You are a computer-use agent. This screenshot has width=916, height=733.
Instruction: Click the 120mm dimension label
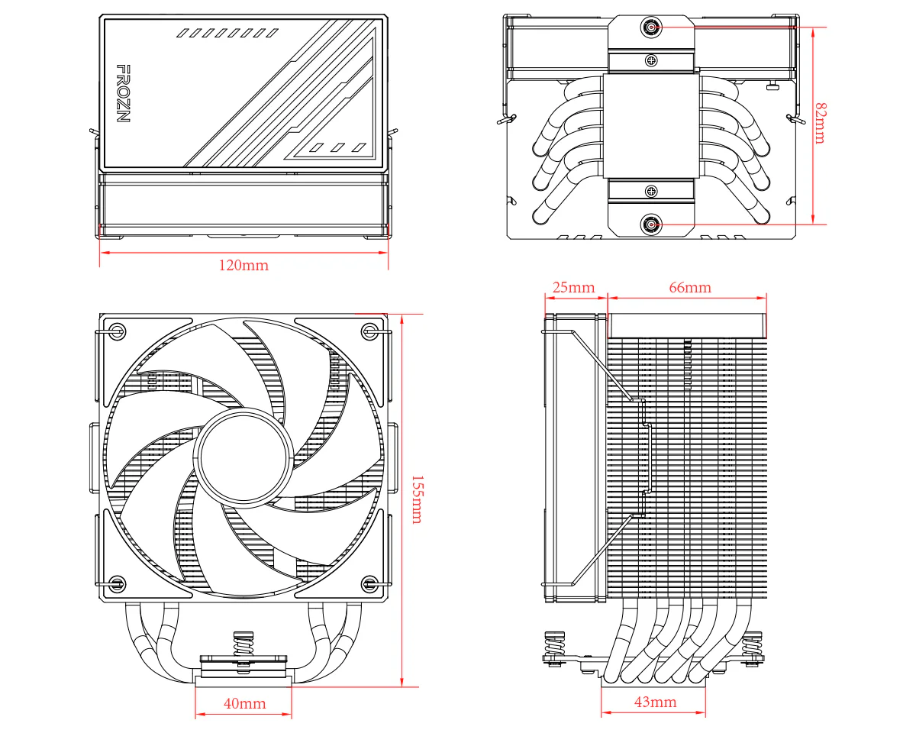244,266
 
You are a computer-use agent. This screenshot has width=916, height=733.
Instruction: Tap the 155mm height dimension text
416,499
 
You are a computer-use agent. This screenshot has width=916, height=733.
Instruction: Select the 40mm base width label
244,703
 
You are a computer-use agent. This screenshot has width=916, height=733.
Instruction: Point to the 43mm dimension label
655,702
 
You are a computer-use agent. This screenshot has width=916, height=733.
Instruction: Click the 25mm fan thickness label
572,287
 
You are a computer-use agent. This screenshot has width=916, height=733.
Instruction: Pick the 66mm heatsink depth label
689,287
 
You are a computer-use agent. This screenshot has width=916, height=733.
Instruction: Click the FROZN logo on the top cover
123,94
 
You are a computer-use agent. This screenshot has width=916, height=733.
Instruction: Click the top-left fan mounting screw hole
116,331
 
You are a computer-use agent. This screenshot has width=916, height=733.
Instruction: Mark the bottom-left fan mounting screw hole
116,584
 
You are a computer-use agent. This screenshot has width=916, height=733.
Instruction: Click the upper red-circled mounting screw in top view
651,27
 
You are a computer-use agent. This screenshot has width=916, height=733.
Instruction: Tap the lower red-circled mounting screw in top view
651,224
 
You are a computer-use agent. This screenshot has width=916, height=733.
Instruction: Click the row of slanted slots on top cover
227,34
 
